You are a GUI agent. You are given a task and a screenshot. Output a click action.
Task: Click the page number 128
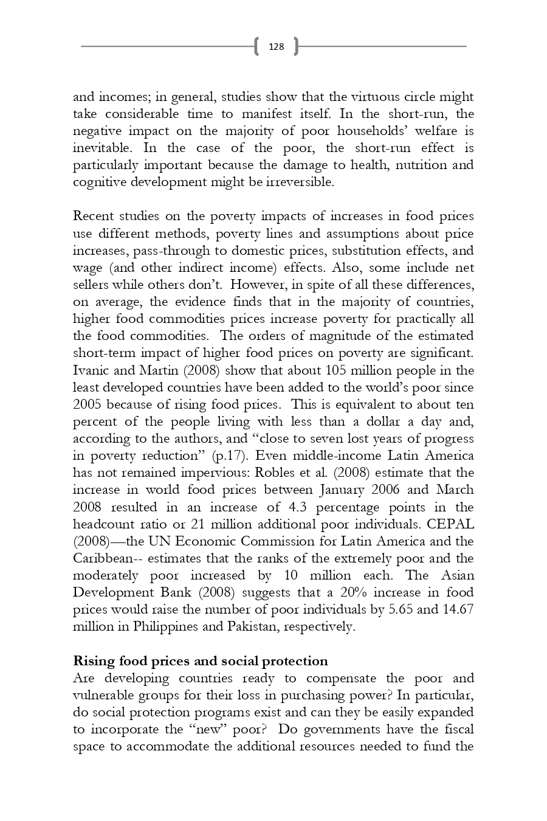tap(276, 46)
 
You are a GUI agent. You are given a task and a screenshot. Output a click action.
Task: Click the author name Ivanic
tap(90, 370)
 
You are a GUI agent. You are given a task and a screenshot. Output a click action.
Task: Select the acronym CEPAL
tap(450, 524)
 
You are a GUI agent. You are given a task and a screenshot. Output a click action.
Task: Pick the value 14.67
tap(459, 609)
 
